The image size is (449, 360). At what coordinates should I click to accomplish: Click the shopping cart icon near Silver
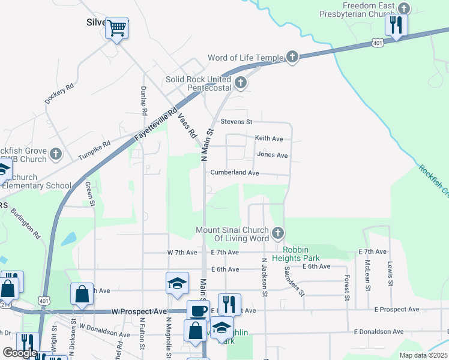[117, 27]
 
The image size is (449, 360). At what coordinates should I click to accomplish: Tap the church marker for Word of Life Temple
[292, 58]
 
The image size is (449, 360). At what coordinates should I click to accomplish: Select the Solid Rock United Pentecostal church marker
[241, 83]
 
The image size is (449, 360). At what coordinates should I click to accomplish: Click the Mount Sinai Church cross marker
[277, 233]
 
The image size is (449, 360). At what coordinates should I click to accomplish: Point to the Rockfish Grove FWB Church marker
[55, 154]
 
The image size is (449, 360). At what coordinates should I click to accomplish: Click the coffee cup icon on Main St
[198, 311]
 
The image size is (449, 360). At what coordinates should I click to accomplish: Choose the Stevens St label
[236, 122]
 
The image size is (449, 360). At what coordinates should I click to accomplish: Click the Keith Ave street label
[268, 138]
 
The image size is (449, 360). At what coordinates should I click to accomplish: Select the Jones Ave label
[272, 155]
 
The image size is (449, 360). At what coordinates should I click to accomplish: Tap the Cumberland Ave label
[234, 173]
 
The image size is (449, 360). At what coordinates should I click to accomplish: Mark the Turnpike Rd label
[94, 152]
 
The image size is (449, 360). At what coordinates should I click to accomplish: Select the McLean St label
[366, 273]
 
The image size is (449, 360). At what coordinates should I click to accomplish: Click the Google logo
[20, 353]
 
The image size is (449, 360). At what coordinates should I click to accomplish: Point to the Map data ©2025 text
[423, 355]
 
